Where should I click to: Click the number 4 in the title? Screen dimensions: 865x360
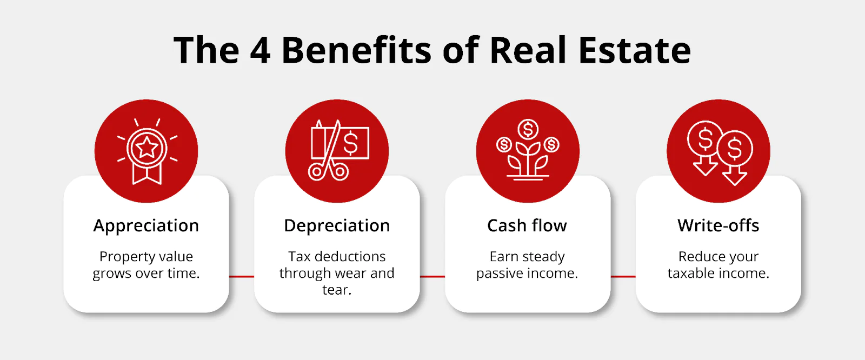pos(260,50)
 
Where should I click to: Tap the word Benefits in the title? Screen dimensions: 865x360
pos(356,50)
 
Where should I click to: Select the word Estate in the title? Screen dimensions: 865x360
pos(635,50)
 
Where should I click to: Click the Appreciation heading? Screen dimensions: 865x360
pos(146,226)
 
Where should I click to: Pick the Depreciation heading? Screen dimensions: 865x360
pos(337,226)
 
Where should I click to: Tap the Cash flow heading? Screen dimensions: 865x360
pos(527,225)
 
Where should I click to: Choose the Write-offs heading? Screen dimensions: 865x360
pos(718,225)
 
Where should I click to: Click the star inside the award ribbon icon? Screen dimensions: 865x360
pos(147,148)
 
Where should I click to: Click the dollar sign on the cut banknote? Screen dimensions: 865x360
pos(351,143)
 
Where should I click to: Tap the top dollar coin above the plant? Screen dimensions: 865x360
pos(528,129)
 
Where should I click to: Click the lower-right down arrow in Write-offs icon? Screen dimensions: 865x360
pos(735,176)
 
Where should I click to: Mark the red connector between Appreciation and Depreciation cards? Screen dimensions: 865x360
pos(241,277)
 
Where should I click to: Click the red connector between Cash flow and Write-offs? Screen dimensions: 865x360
pos(623,277)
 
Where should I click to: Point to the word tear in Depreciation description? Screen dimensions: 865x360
pos(337,290)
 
